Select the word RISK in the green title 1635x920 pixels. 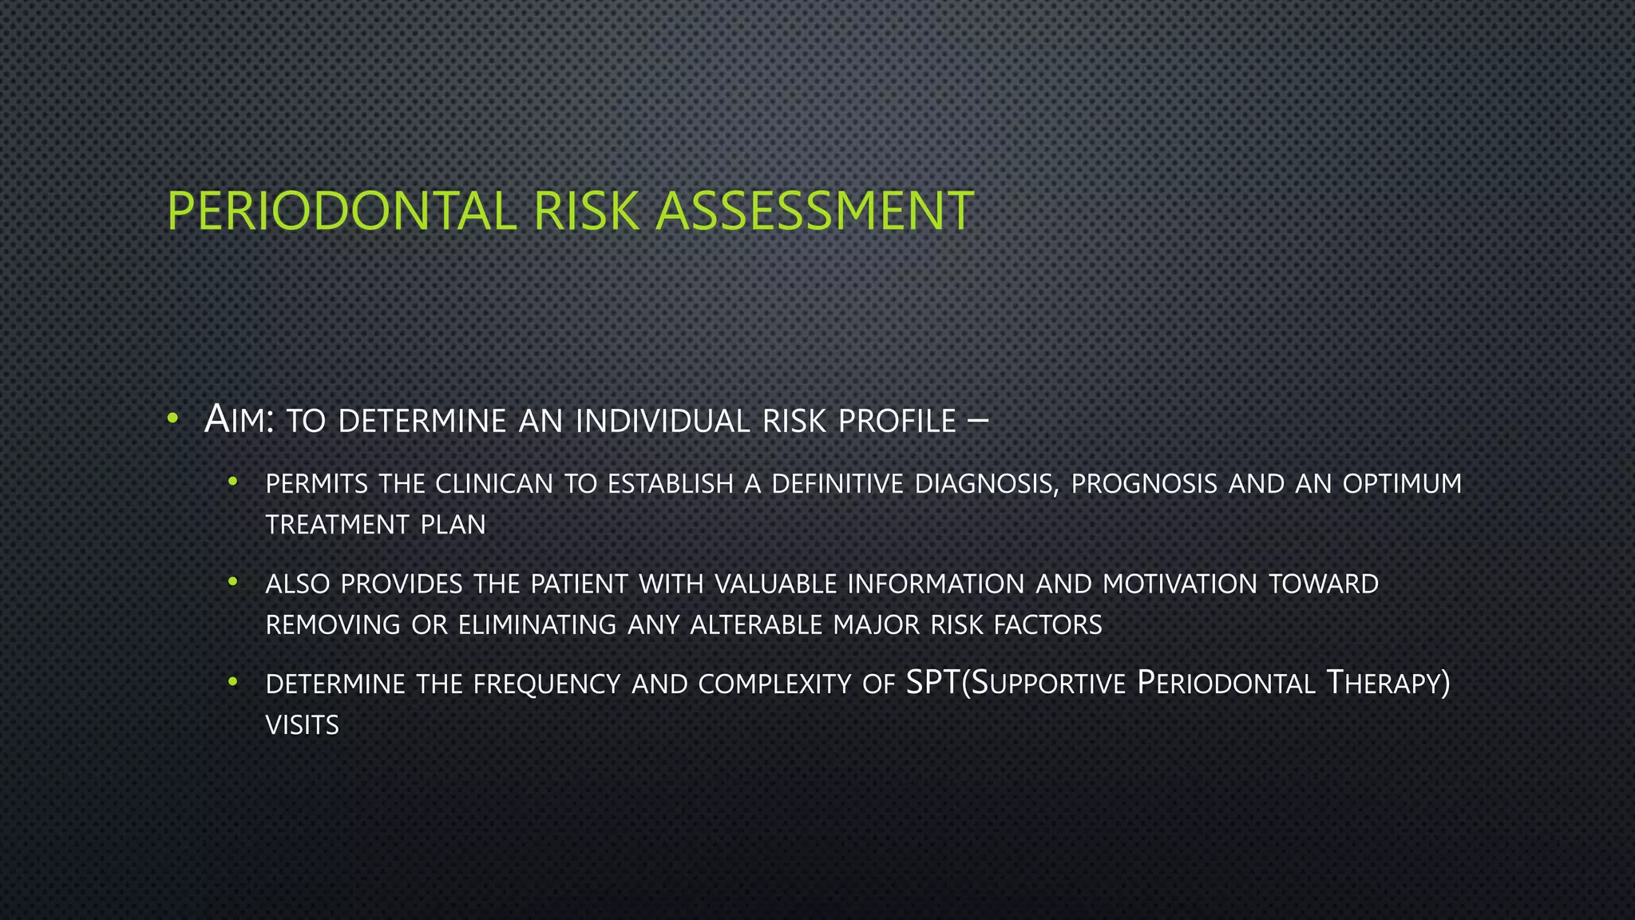(587, 212)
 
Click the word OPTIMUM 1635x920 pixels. (1402, 484)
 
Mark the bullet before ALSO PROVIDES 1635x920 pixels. (233, 582)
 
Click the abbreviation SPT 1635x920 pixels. (933, 683)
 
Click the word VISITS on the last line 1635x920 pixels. (303, 725)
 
